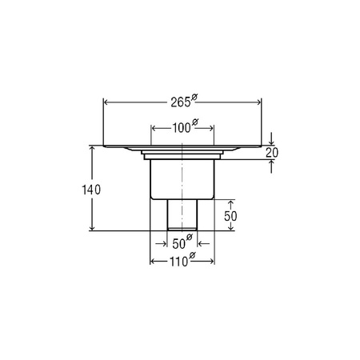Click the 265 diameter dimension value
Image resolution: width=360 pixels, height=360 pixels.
coord(181,102)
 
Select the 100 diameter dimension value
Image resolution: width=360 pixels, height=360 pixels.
coord(182,128)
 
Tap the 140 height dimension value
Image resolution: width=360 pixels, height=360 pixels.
coord(91,190)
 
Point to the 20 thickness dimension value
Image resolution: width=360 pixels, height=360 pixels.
coord(272,153)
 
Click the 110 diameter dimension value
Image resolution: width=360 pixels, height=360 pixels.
coord(179,262)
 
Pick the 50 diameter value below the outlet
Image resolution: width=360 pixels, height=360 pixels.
coord(178,244)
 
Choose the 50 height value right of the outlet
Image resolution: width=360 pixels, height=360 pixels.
coord(230,216)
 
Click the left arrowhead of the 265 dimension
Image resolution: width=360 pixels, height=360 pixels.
coord(106,102)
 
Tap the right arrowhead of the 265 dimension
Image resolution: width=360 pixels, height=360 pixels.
coord(259,102)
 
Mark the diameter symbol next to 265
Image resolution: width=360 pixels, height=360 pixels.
coord(194,97)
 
